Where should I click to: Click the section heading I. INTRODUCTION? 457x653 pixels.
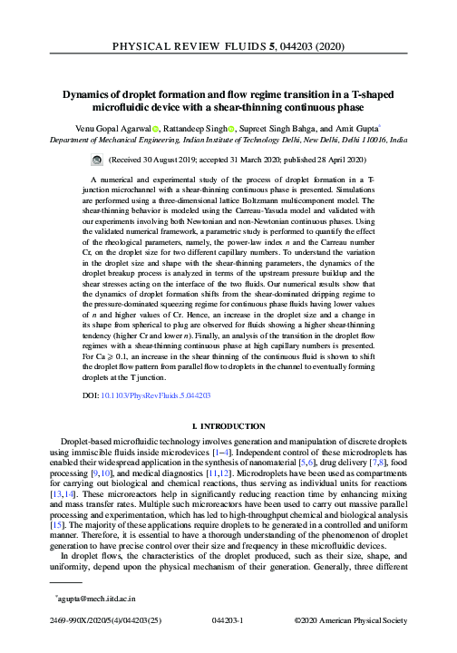point(228,425)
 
